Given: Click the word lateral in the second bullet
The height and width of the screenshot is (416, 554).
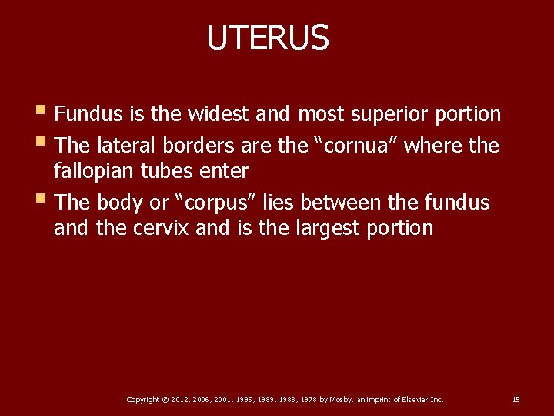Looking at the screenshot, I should [125, 146].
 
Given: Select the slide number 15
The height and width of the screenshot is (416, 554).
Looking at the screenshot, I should [516, 400].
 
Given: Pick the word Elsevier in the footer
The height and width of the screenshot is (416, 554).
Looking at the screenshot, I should [412, 400].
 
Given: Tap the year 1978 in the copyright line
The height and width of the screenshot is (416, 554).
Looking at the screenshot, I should [308, 400].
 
